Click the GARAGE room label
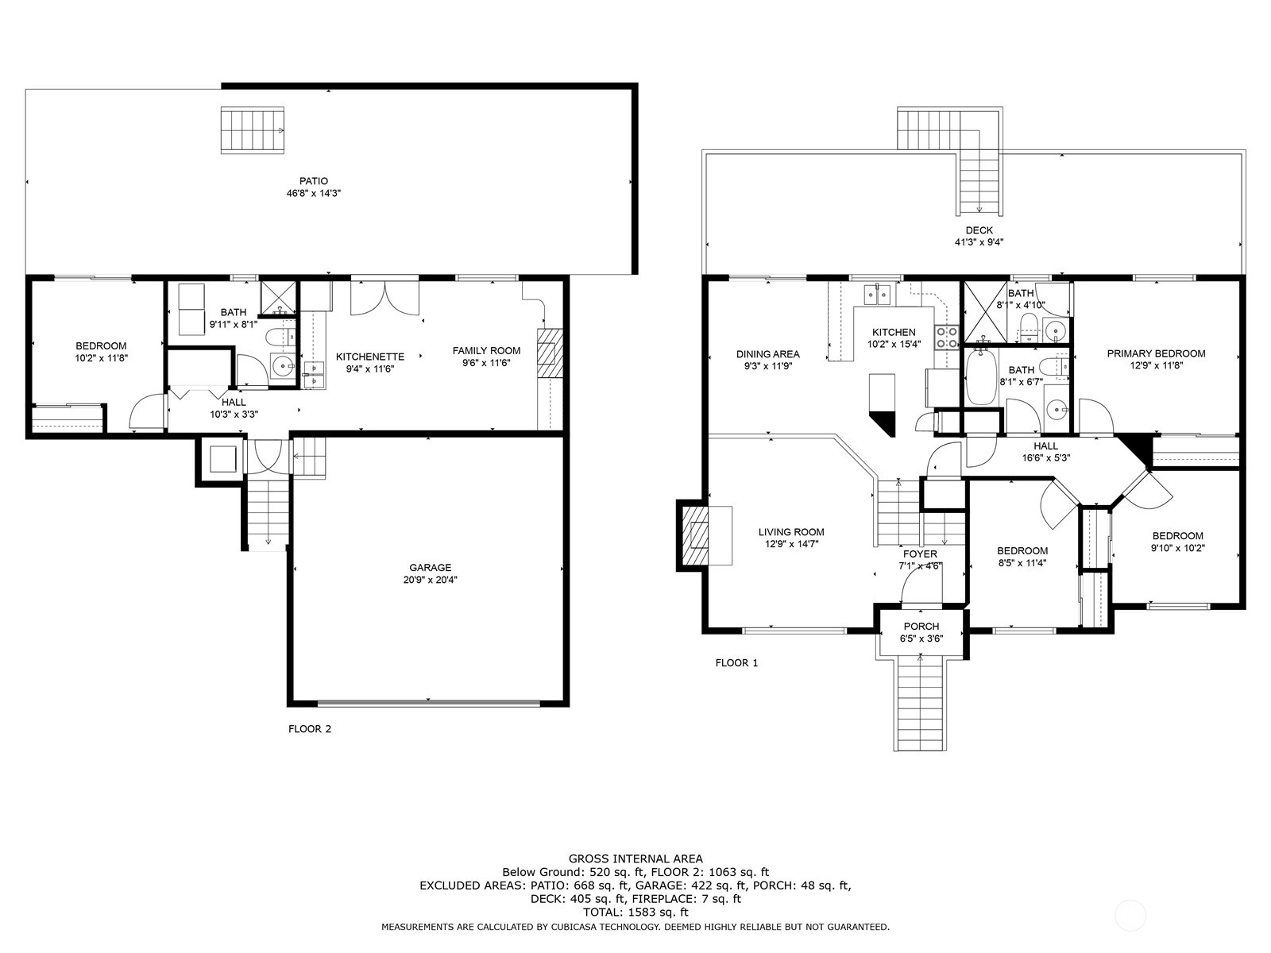(430, 567)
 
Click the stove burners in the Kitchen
(946, 338)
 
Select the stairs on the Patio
(252, 130)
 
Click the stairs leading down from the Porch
(921, 704)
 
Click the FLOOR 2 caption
(309, 729)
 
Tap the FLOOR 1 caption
(736, 662)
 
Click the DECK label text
(979, 230)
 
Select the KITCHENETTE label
(369, 357)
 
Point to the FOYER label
(920, 554)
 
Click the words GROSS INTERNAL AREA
(635, 858)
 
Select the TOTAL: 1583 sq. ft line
(635, 912)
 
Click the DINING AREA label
(767, 354)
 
